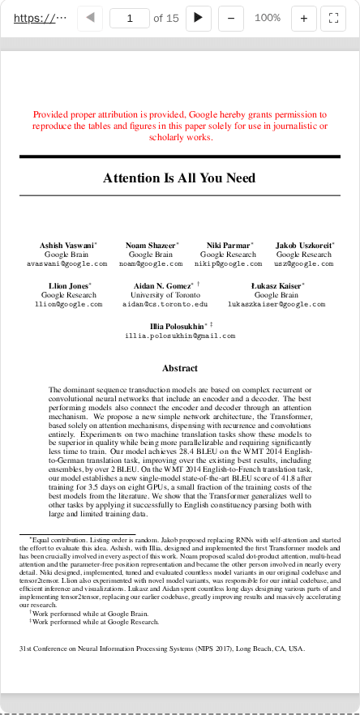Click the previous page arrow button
[x=91, y=18]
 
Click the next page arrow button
[x=198, y=18]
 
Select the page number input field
[x=129, y=18]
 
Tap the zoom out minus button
[x=231, y=18]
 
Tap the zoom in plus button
[x=304, y=18]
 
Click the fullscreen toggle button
[x=333, y=18]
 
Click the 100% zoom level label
[x=268, y=18]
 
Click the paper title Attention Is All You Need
[x=179, y=178]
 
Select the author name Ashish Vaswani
[x=66, y=245]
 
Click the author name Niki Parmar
[x=229, y=245]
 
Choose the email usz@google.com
[x=303, y=264]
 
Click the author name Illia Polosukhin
[x=178, y=325]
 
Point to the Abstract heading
[x=180, y=368]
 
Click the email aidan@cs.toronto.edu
[x=165, y=305]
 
